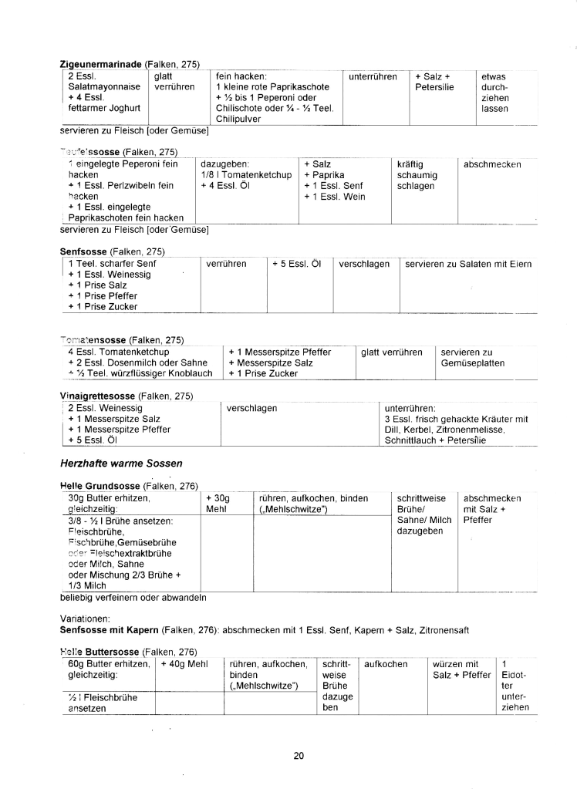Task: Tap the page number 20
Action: click(x=299, y=755)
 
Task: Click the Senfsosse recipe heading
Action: click(x=84, y=251)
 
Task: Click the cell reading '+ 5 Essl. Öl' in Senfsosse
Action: click(x=296, y=264)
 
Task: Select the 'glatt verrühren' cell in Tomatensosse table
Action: click(x=392, y=352)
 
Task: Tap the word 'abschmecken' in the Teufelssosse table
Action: click(x=492, y=164)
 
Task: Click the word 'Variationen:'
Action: click(x=86, y=619)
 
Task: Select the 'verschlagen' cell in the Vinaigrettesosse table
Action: click(x=251, y=408)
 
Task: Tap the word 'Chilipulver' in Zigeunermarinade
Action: click(x=239, y=120)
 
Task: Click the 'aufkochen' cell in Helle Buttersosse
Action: click(x=386, y=664)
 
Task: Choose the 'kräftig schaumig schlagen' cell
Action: click(x=417, y=175)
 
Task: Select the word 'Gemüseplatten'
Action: click(x=472, y=363)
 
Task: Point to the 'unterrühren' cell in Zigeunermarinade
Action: click(x=373, y=77)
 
